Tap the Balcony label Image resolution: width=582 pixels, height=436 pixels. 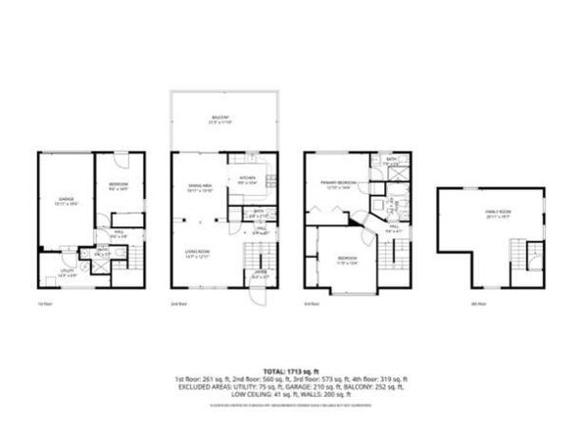217,121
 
